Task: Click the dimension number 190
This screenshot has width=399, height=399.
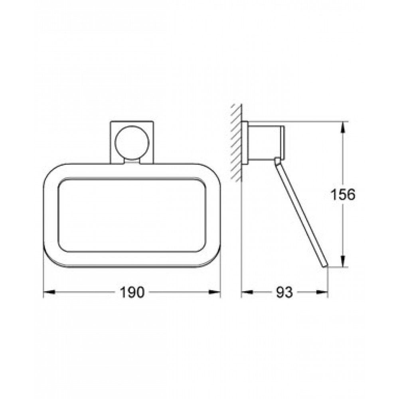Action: click(132, 292)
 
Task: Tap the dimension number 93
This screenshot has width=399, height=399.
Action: click(284, 292)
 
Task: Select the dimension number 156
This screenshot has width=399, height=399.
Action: click(342, 195)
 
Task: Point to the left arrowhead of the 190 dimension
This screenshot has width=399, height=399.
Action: click(49, 292)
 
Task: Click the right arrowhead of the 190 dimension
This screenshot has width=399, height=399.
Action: click(215, 292)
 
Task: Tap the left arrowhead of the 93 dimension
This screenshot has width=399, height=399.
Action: click(247, 292)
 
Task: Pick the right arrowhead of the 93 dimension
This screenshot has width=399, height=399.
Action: click(322, 292)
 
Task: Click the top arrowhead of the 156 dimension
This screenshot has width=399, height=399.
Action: click(343, 128)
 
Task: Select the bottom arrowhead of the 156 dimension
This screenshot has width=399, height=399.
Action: click(343, 261)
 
